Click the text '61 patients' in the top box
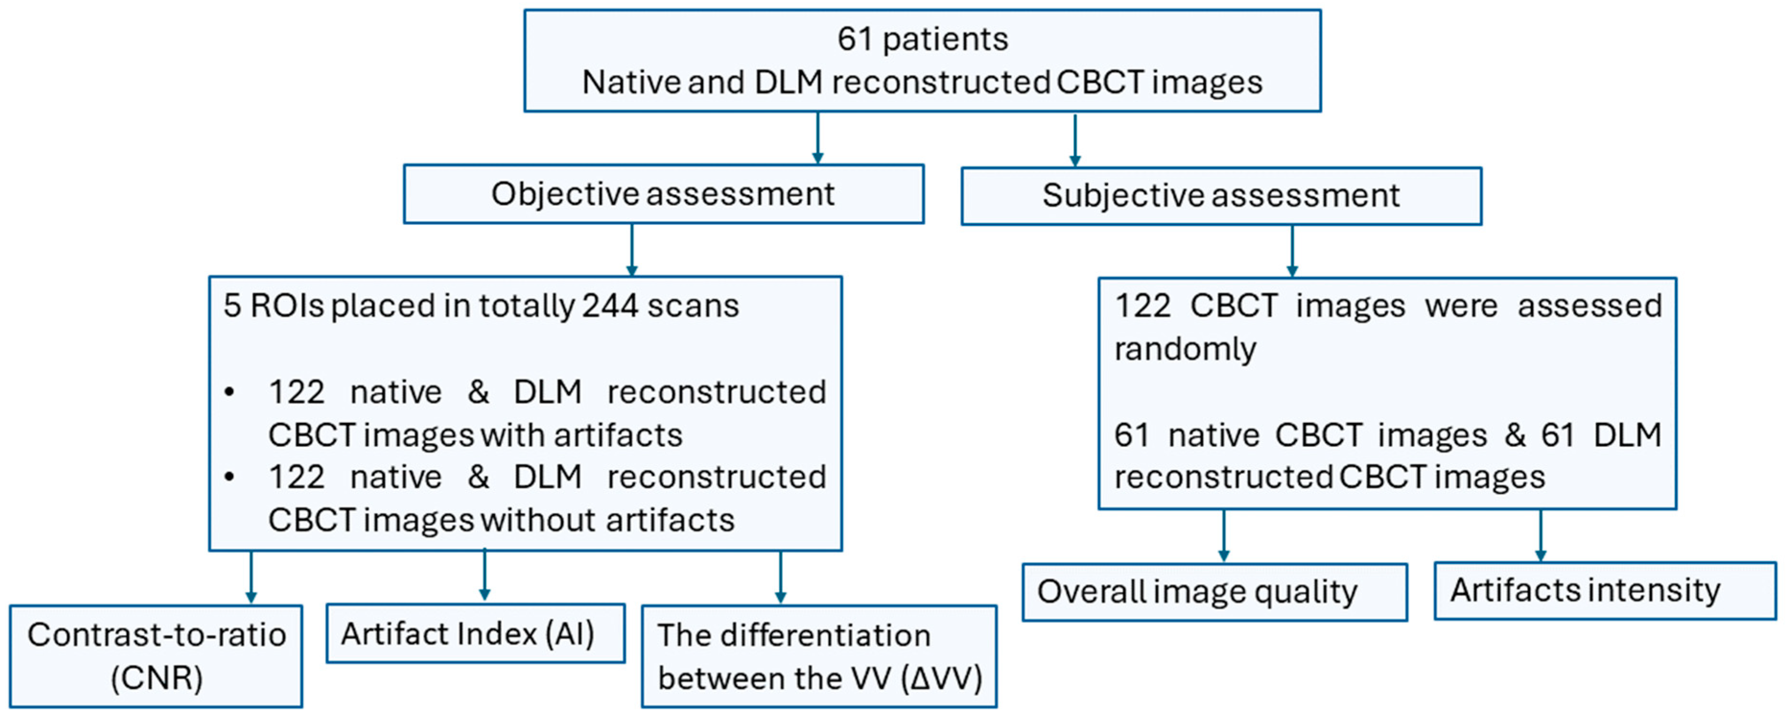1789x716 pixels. tap(922, 39)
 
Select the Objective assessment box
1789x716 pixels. tap(663, 194)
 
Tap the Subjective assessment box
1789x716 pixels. tap(1221, 195)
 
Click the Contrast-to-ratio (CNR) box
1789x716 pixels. tap(156, 656)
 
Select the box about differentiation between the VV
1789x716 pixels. tap(819, 656)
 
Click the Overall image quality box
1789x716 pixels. tap(1214, 592)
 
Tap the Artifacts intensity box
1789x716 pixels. tap(1604, 590)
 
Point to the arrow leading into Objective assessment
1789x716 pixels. tap(818, 139)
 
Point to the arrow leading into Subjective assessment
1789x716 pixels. tap(1075, 141)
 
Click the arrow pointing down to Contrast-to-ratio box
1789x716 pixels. tap(251, 578)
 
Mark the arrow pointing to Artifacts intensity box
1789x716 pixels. tap(1540, 536)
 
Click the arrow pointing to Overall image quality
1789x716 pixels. tap(1224, 536)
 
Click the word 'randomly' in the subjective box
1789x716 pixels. tap(1185, 349)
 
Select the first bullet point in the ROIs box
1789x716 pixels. tap(230, 392)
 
